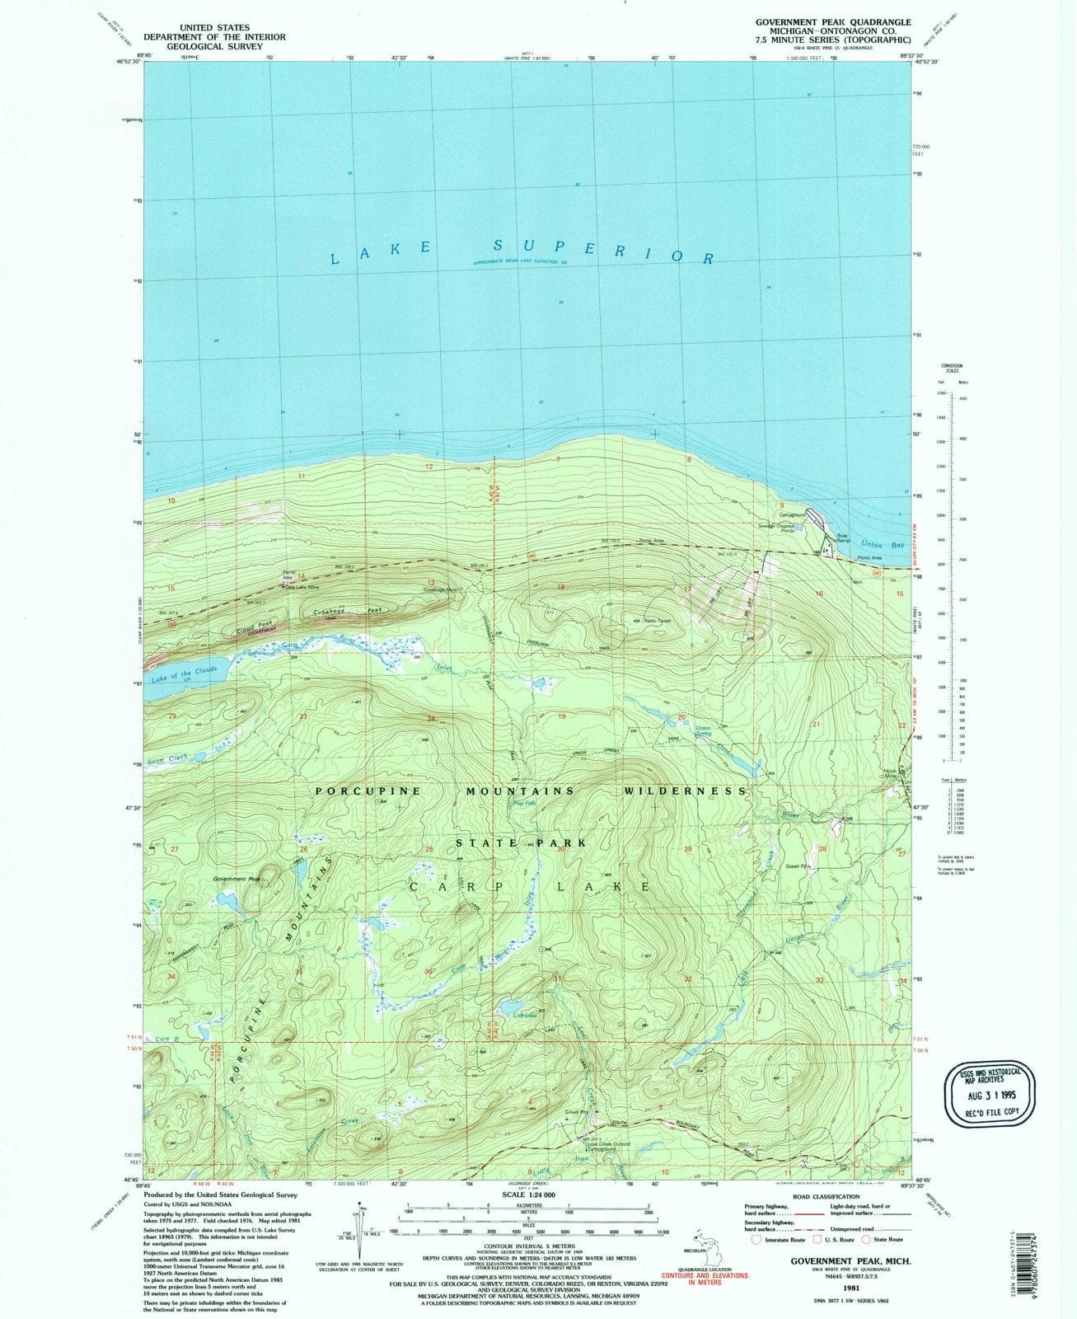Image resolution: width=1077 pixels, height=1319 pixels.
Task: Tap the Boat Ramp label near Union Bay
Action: tap(841, 537)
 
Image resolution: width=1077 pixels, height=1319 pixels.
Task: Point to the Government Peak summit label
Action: tap(236, 879)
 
